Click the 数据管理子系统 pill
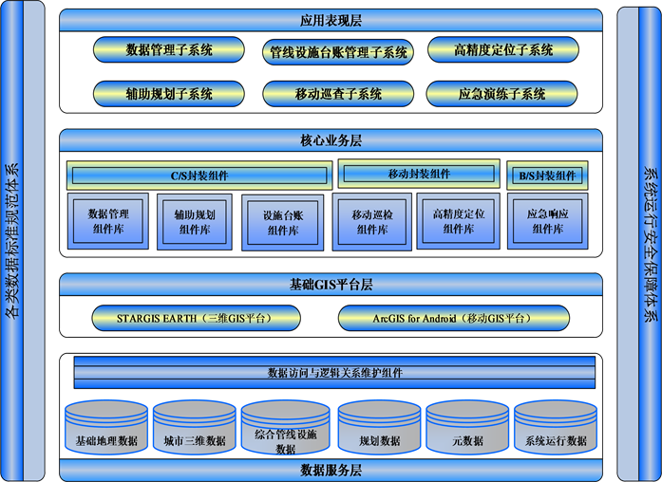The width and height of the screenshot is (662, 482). coord(169,49)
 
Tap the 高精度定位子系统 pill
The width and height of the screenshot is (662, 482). coord(503,49)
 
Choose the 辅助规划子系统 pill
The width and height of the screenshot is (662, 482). coord(169,93)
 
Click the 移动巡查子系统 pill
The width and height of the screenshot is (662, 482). coord(337,93)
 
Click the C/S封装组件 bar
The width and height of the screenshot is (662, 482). coord(199,176)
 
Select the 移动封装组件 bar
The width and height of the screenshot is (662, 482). coord(419,174)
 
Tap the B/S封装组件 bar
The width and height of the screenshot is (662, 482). coord(546,176)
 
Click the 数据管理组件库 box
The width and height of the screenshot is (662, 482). coord(108,221)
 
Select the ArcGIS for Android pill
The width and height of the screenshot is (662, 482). coord(453,317)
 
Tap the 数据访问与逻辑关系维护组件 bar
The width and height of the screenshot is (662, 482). coord(335,373)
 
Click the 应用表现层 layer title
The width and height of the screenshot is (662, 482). coord(331,20)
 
